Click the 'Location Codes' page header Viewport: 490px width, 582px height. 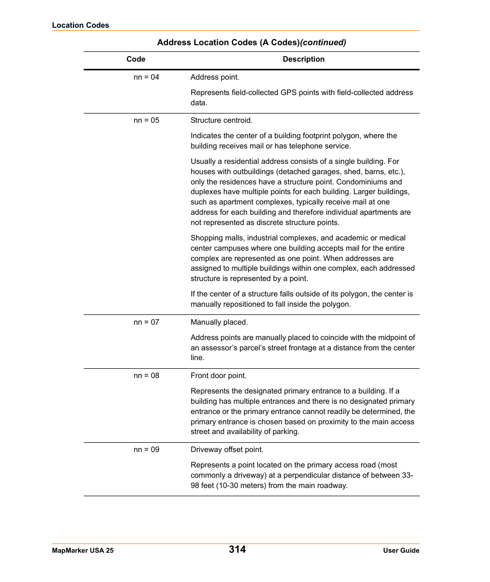tap(81, 25)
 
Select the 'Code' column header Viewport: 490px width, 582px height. tap(136, 59)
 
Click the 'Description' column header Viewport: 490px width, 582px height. tap(304, 59)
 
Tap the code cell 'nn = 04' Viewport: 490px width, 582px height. tap(146, 77)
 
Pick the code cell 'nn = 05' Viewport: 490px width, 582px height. tap(146, 120)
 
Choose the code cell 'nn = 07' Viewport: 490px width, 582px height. tap(146, 322)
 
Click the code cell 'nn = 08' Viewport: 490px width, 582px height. tap(146, 376)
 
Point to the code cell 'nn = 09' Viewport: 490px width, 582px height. tap(146, 449)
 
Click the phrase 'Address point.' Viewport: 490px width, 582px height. tap(215, 77)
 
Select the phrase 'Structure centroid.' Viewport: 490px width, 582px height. tap(221, 120)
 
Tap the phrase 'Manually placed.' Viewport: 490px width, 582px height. tap(219, 322)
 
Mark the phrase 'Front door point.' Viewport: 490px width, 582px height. tap(218, 376)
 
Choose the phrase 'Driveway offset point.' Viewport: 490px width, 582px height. tap(227, 449)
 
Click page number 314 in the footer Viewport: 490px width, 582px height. tap(237, 549)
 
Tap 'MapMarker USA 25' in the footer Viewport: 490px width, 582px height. tap(83, 550)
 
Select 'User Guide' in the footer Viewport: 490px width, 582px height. tap(401, 550)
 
